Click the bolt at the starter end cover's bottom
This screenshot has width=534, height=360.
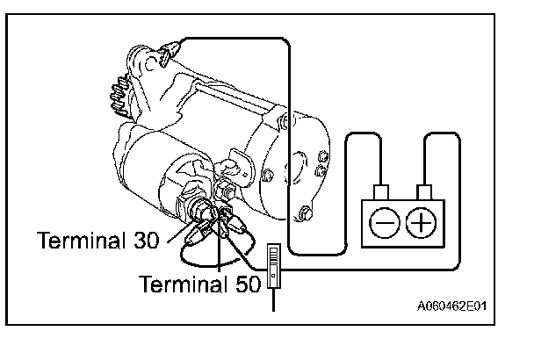point(306,212)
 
